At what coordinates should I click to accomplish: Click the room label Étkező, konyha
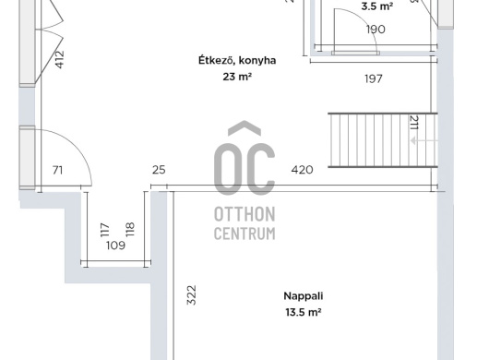(237, 60)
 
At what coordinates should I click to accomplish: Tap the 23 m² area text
(237, 77)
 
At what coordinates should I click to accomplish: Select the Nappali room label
(304, 296)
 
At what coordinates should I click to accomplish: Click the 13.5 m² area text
(304, 312)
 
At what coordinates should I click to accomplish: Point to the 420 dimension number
(302, 170)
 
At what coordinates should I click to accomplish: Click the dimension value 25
(159, 170)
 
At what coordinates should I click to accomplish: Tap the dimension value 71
(58, 171)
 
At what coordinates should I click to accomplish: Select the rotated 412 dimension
(59, 59)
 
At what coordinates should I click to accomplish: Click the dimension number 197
(374, 78)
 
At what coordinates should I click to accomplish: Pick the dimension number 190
(376, 30)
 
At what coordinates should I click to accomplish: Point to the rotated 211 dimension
(414, 123)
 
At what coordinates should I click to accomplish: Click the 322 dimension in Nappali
(191, 295)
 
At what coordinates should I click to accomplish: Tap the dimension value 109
(115, 246)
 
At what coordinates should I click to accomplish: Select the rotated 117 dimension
(105, 230)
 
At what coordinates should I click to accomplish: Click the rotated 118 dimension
(130, 229)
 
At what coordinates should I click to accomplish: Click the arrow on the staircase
(424, 141)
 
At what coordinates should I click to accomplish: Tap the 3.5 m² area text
(376, 6)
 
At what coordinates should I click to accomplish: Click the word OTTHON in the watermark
(244, 214)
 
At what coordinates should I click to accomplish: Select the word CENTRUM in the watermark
(244, 234)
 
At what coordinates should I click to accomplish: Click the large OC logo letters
(244, 159)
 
